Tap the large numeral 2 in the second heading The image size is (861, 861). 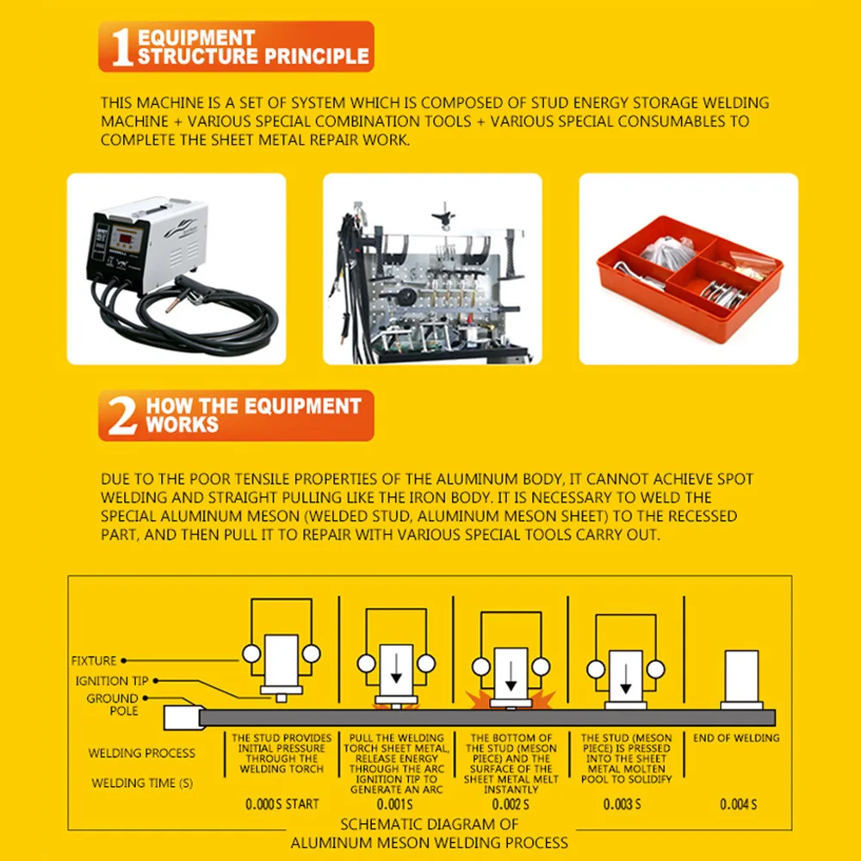[121, 416]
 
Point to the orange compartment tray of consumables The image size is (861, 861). [688, 275]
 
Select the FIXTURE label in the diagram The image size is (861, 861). [93, 661]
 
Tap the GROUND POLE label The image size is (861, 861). [112, 704]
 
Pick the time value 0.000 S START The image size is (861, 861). [282, 804]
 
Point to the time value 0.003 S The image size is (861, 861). [623, 804]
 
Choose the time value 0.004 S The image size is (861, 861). [738, 804]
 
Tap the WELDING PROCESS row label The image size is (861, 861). [141, 753]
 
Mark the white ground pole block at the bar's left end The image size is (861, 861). [181, 718]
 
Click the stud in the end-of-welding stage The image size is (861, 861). [740, 678]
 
